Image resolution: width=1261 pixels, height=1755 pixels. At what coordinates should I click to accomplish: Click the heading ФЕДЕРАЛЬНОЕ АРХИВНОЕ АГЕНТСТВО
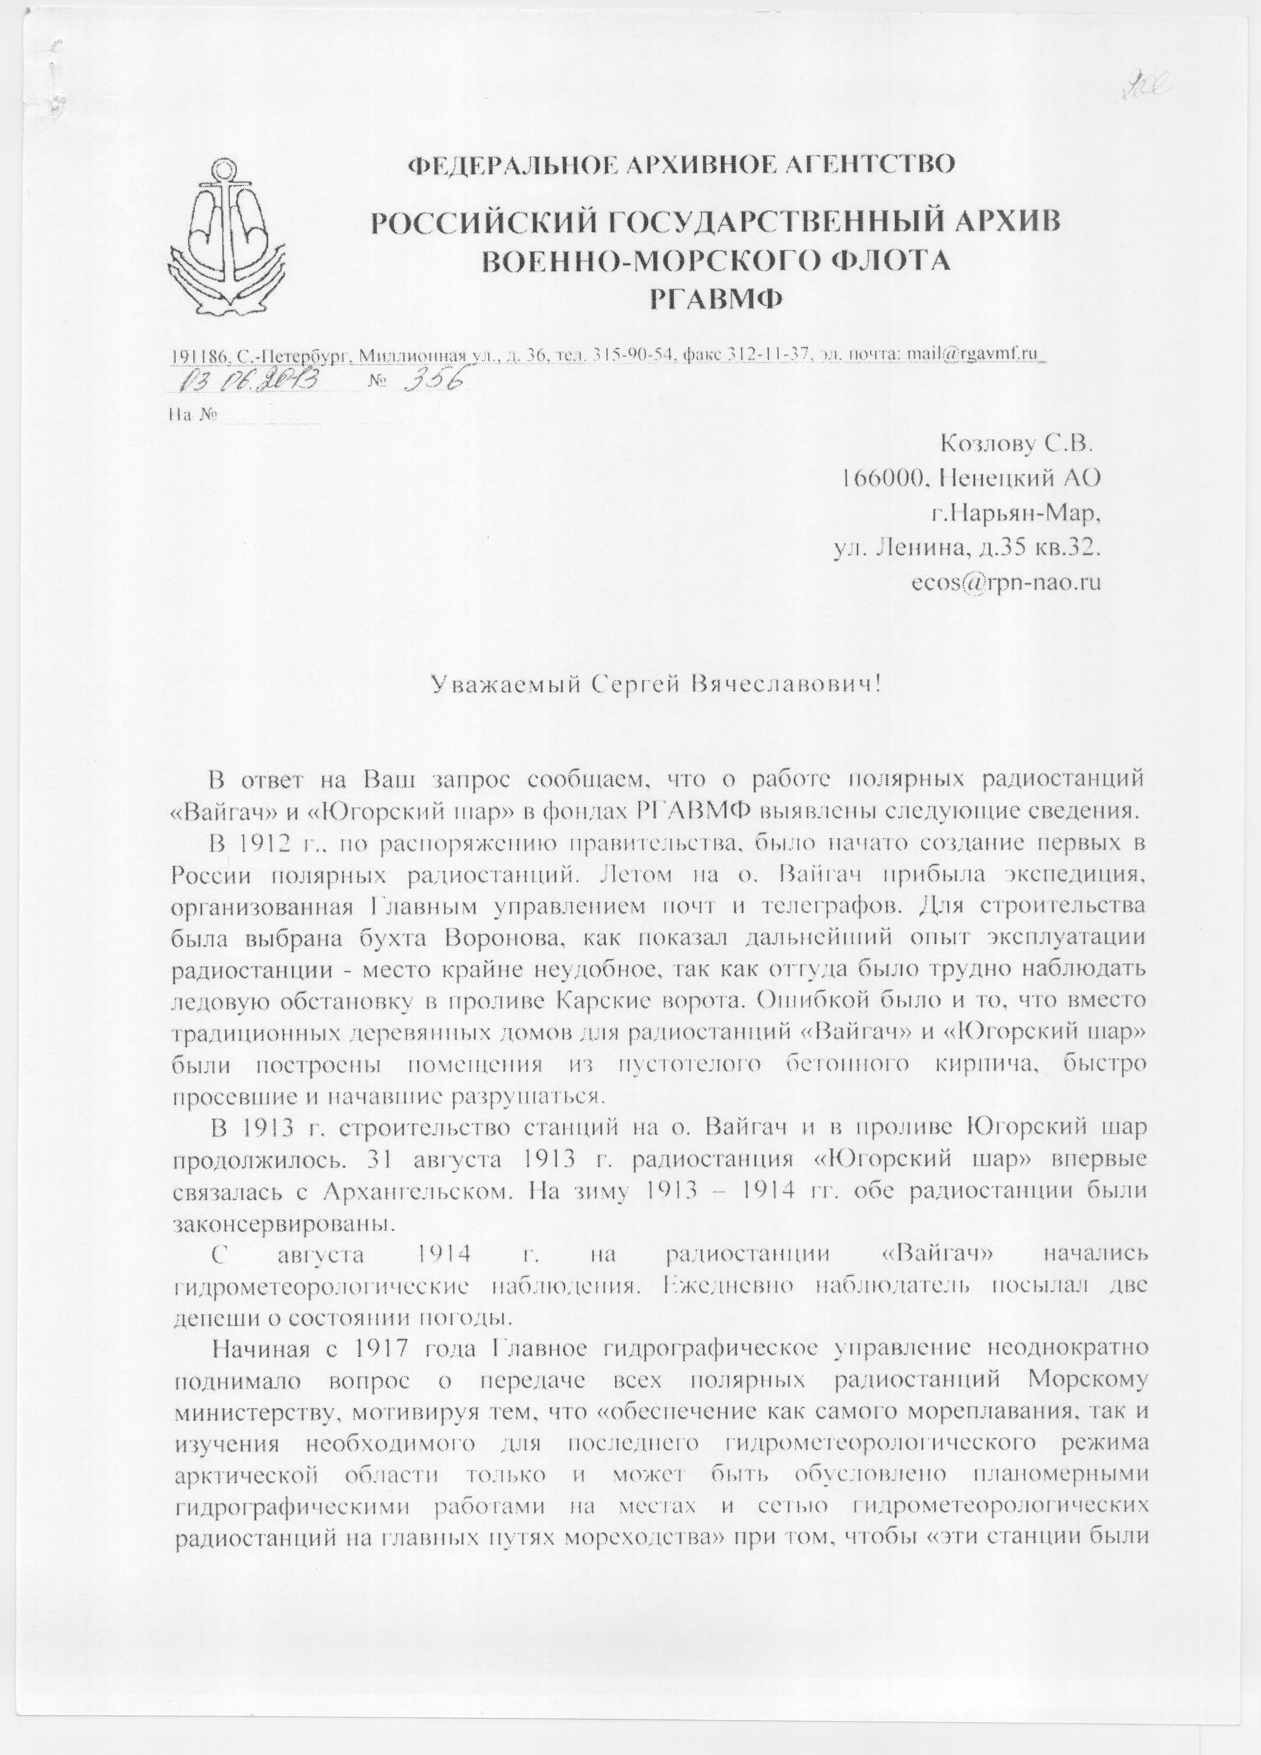tap(681, 165)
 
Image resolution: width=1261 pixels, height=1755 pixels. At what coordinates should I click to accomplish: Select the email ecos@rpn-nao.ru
tap(1008, 582)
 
